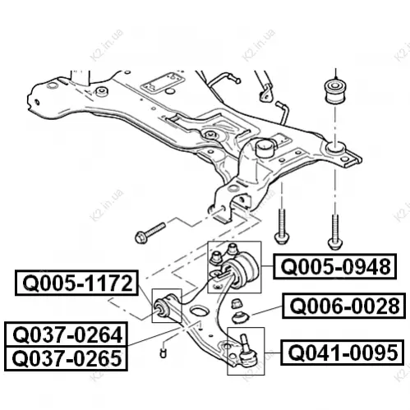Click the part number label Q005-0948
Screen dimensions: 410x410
coord(334,266)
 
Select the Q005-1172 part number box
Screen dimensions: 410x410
coord(76,283)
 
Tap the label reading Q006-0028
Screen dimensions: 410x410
coord(343,306)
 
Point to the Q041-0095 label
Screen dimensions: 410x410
coord(342,352)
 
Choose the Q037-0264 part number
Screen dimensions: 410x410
coord(66,334)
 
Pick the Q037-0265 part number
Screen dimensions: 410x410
coord(66,358)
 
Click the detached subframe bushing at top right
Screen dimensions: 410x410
coord(334,92)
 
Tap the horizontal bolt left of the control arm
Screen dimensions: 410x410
coord(150,233)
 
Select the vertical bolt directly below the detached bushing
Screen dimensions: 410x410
coord(335,232)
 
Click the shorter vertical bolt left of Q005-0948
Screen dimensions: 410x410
coord(282,226)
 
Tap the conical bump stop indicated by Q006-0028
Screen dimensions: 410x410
coord(241,316)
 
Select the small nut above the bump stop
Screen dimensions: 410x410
coord(237,304)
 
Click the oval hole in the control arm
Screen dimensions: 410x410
coord(200,311)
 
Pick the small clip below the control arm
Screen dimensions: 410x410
coord(163,353)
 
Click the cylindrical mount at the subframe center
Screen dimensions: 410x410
coord(265,148)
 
